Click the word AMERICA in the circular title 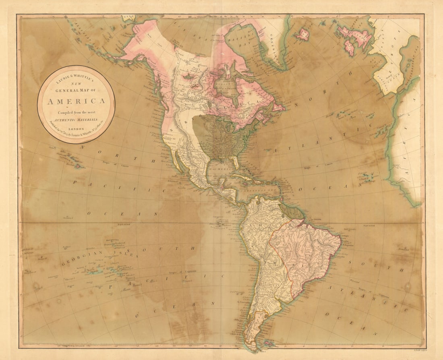pyautogui.click(x=76, y=101)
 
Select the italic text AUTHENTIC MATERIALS pyautogui.click(x=76, y=119)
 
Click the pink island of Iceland pyautogui.click(x=302, y=34)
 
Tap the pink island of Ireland pyautogui.click(x=349, y=48)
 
